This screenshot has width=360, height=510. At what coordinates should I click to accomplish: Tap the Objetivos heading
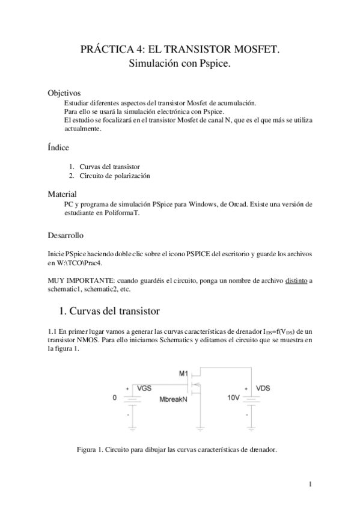[64, 93]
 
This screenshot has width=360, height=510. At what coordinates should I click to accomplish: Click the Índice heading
[58, 147]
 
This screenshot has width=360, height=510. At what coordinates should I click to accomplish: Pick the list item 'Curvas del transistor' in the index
[108, 167]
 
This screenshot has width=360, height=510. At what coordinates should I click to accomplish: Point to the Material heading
[62, 194]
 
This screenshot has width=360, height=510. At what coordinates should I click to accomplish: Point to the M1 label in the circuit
[184, 373]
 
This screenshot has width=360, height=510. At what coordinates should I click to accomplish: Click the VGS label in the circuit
[144, 389]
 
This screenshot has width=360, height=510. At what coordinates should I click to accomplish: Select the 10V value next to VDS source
[234, 398]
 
